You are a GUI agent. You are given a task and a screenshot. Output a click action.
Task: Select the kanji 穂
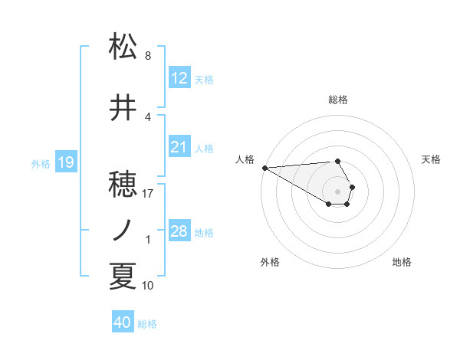pyautogui.click(x=123, y=185)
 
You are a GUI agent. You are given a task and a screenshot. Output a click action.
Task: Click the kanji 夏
pyautogui.click(x=123, y=277)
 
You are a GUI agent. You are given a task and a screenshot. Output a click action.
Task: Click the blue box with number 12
pyautogui.click(x=179, y=78)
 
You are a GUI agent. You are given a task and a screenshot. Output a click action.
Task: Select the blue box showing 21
pyautogui.click(x=179, y=147)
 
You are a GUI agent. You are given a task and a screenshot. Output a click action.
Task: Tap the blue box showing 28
pyautogui.click(x=179, y=231)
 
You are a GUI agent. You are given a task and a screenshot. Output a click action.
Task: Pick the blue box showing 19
pyautogui.click(x=65, y=162)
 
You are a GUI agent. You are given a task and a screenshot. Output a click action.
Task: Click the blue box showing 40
pyautogui.click(x=122, y=322)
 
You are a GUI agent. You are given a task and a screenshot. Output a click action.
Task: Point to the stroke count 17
pyautogui.click(x=148, y=194)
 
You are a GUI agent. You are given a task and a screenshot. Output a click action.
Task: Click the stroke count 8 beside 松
pyautogui.click(x=148, y=56)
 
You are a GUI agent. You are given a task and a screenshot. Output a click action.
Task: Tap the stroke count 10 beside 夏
pyautogui.click(x=148, y=286)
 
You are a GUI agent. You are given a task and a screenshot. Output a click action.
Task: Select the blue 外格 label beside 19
pyautogui.click(x=41, y=163)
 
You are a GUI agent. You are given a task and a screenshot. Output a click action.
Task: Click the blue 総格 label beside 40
pyautogui.click(x=147, y=324)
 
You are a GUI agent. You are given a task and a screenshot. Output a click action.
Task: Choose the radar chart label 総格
pyautogui.click(x=338, y=100)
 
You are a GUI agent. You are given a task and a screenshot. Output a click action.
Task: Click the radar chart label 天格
pyautogui.click(x=432, y=159)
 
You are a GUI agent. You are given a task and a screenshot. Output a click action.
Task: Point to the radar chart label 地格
pyautogui.click(x=402, y=262)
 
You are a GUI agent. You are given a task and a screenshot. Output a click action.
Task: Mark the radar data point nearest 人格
pyautogui.click(x=264, y=167)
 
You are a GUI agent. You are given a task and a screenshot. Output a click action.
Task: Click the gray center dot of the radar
pyautogui.click(x=338, y=191)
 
